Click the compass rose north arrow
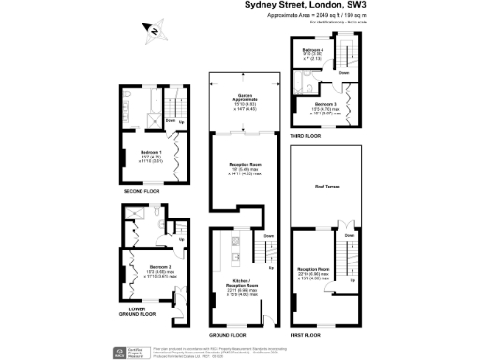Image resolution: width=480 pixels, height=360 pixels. [x=152, y=33]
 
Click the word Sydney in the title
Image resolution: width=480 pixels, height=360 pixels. [x=264, y=5]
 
